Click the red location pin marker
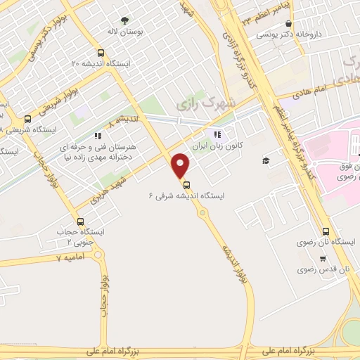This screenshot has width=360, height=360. click(181, 165)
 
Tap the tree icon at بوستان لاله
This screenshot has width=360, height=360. click(125, 20)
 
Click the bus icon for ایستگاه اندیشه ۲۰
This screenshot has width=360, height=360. click(101, 53)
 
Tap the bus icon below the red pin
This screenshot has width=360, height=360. click(186, 184)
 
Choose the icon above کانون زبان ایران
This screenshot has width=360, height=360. click(217, 134)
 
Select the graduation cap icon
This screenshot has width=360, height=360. click(266, 161)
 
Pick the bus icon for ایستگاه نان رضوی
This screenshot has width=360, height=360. click(326, 231)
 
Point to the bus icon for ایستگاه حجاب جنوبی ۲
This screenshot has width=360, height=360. click(79, 221)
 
